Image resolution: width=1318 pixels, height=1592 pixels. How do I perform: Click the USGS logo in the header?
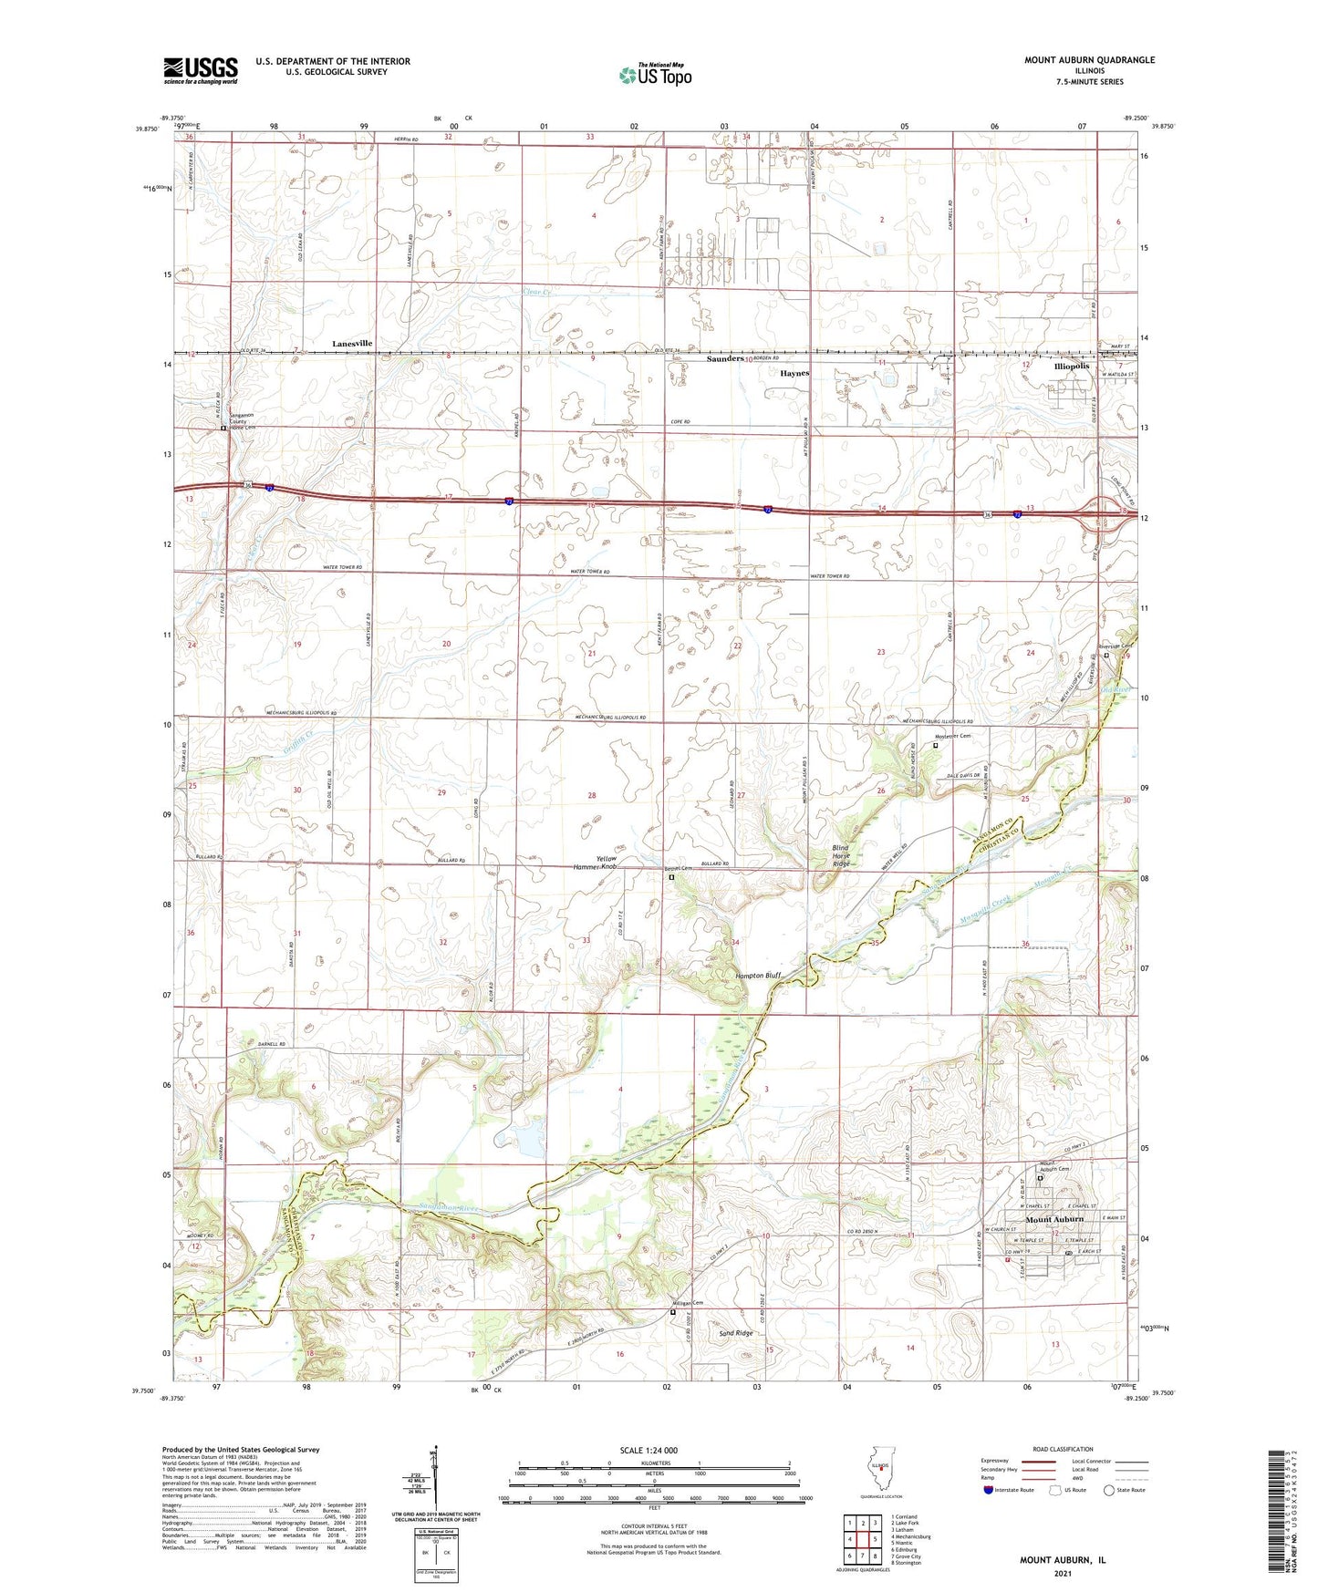(201, 70)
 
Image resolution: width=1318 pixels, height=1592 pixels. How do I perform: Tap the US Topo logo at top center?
(654, 75)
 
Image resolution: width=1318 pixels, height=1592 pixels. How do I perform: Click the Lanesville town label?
(352, 343)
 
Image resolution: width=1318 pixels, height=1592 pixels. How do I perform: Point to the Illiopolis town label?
(1071, 366)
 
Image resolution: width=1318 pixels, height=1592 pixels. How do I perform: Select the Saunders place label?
(726, 359)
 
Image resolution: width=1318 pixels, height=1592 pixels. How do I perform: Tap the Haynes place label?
(794, 373)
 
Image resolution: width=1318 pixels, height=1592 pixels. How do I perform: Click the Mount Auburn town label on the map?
(1054, 1219)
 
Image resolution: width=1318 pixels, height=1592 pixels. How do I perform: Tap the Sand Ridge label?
(736, 1333)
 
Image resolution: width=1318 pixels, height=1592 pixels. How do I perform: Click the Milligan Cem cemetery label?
(685, 1304)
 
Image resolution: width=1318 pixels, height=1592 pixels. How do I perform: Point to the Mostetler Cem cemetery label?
(951, 736)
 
